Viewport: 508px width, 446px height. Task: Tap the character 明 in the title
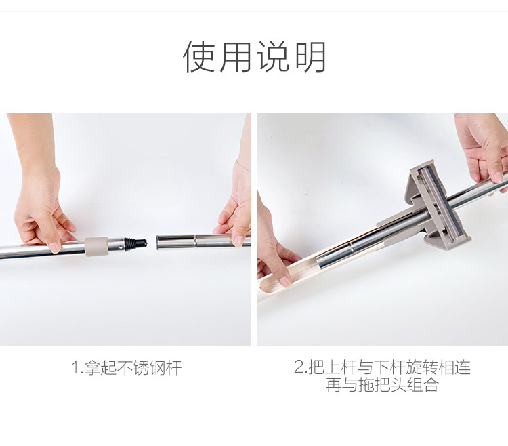tap(310, 57)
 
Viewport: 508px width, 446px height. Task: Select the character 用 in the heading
tap(236, 57)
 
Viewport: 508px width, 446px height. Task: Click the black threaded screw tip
tap(135, 243)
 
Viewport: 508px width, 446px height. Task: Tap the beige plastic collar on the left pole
tap(96, 246)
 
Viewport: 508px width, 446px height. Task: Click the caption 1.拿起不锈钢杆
tap(127, 367)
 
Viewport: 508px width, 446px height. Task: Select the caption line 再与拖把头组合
tap(382, 385)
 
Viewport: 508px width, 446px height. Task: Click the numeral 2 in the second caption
tap(299, 367)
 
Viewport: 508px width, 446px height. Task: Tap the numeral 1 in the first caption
tap(75, 368)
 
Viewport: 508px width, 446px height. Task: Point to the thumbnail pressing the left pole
tap(54, 247)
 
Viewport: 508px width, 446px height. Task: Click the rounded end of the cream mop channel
tap(261, 289)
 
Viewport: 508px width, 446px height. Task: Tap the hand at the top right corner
tap(484, 149)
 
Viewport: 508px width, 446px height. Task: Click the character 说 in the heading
tap(273, 57)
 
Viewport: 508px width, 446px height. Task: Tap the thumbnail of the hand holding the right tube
tap(239, 241)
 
